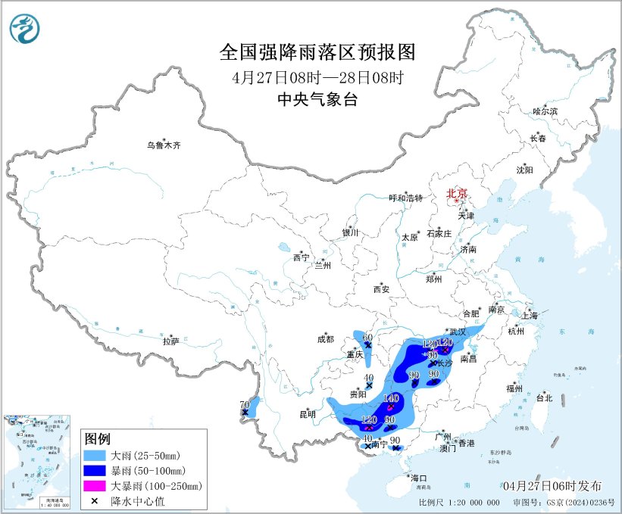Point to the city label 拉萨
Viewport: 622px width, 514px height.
(170, 341)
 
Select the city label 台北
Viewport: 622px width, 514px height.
(544, 397)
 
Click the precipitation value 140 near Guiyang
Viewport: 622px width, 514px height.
(391, 398)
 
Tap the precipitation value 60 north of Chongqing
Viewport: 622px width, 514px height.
(368, 338)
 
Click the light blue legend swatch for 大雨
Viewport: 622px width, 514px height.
(96, 456)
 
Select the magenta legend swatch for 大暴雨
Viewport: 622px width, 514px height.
(96, 485)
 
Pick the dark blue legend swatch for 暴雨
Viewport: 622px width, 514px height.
(96, 471)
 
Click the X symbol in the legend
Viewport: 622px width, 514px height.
(96, 500)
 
